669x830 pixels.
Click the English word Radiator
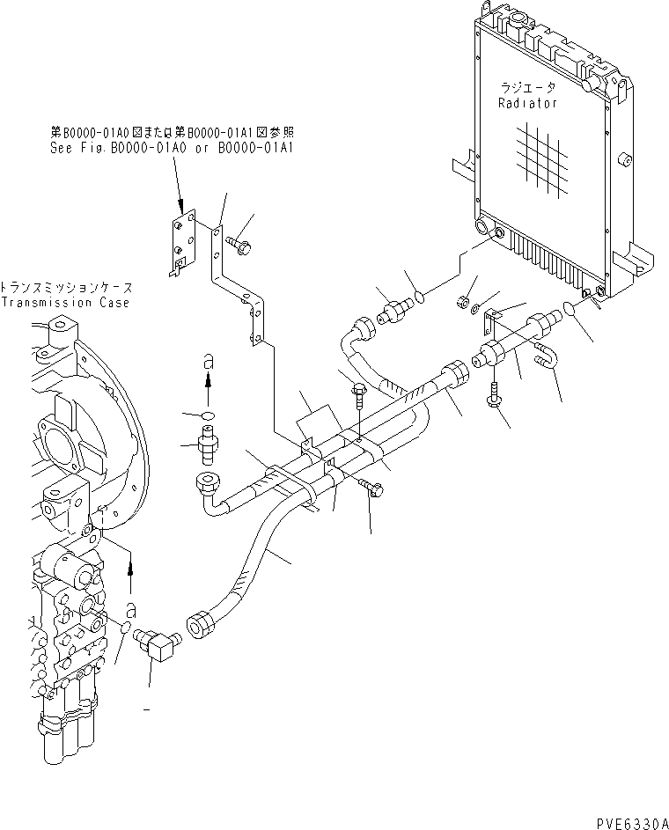pyautogui.click(x=527, y=103)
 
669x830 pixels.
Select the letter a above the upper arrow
pyautogui.click(x=207, y=360)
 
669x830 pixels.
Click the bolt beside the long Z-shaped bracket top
pyautogui.click(x=240, y=246)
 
